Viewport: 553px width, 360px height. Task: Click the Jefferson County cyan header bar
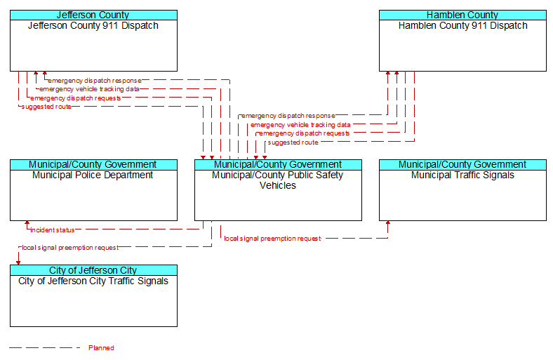point(93,15)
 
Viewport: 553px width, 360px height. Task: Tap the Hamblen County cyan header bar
point(462,15)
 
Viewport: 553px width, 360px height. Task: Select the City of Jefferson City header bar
point(93,270)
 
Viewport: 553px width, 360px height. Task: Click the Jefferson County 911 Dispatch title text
point(93,26)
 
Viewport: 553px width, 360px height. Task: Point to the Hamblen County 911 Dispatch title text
point(462,26)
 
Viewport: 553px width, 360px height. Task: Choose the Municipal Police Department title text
point(93,175)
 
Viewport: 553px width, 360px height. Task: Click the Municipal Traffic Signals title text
point(462,175)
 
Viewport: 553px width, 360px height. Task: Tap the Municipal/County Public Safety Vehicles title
point(278,180)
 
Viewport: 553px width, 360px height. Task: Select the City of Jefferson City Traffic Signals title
point(93,281)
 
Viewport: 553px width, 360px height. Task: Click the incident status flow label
point(52,230)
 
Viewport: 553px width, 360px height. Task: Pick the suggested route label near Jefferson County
point(46,107)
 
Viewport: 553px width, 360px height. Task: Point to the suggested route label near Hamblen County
point(293,142)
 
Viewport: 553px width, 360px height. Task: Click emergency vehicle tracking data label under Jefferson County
point(89,89)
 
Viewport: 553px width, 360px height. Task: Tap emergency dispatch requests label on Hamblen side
point(305,133)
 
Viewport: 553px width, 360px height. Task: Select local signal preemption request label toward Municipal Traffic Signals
point(272,239)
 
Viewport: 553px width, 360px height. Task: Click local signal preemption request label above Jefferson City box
point(70,248)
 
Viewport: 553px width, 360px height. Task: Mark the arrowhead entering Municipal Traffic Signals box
point(388,223)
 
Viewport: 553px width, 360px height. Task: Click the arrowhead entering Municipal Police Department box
point(27,223)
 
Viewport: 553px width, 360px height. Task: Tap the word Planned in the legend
point(101,348)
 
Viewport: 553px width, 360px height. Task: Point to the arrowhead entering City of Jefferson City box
point(18,262)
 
